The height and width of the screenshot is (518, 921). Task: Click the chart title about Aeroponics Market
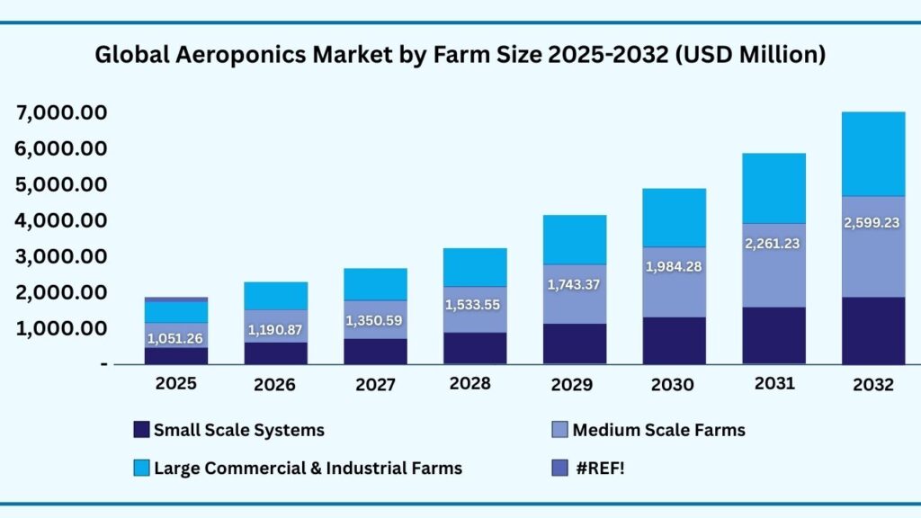click(460, 55)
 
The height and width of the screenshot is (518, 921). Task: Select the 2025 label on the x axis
click(175, 383)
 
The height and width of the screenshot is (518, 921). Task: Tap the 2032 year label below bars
click(872, 385)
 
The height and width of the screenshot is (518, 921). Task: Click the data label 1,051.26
click(175, 339)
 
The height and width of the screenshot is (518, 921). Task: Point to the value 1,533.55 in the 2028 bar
click(475, 304)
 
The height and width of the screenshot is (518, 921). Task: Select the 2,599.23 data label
click(872, 223)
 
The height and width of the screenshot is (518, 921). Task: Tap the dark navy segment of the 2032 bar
click(872, 330)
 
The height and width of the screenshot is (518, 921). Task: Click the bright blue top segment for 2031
click(773, 188)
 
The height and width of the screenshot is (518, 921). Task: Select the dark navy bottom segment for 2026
click(275, 353)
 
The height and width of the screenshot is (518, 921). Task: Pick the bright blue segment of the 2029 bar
click(573, 239)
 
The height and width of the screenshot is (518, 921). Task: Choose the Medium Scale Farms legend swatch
click(559, 430)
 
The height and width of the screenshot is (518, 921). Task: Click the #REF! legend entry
click(598, 468)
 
